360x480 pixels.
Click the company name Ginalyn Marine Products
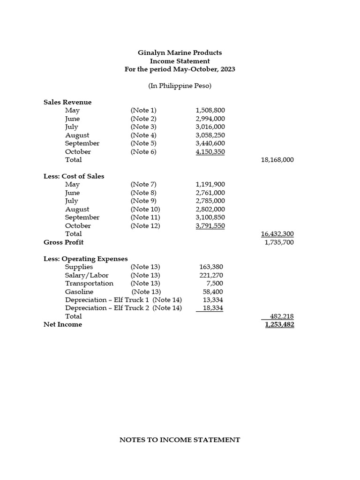point(180,52)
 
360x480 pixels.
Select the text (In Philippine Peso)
point(180,86)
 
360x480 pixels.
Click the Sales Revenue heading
point(67,102)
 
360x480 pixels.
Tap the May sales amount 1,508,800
point(210,111)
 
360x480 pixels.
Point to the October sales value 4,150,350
point(210,151)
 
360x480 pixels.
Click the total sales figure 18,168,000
point(277,160)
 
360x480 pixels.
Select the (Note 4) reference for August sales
point(143,135)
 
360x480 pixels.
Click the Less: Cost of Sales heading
point(74,176)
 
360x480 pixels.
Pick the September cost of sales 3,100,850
point(210,217)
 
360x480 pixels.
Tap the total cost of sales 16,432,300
point(277,234)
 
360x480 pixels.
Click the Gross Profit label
point(63,242)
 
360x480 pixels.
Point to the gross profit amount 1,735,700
point(279,242)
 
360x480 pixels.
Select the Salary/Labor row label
point(87,275)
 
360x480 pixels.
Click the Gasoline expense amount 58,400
point(213,292)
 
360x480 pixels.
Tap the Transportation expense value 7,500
point(215,284)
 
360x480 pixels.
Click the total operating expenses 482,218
point(282,316)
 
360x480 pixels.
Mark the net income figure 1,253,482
point(279,324)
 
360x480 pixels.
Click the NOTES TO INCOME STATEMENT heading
point(180,440)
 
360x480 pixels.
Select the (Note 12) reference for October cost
point(145,226)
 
